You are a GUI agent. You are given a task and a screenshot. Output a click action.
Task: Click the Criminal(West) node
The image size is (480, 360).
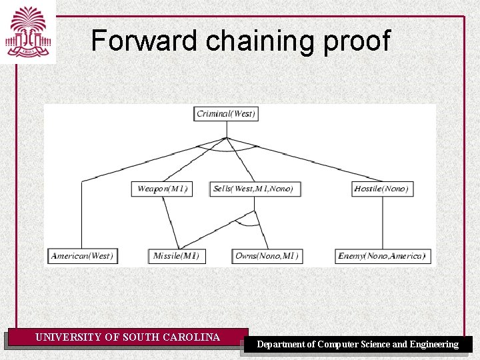click(226, 113)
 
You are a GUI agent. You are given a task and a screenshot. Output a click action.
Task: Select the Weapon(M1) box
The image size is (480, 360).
click(162, 189)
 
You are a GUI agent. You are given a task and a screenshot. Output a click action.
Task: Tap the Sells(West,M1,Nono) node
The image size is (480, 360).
click(253, 189)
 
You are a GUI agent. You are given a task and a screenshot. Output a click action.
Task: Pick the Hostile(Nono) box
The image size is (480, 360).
click(381, 189)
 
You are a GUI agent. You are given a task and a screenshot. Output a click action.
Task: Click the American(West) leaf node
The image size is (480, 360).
click(83, 255)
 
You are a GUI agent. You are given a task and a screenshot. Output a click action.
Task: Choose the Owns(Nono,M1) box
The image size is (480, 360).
click(267, 255)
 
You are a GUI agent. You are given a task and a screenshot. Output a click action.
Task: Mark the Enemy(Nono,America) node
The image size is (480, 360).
click(381, 255)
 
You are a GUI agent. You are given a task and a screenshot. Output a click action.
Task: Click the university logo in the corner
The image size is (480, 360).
click(28, 32)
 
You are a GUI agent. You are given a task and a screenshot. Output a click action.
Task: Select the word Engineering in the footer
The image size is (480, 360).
click(434, 345)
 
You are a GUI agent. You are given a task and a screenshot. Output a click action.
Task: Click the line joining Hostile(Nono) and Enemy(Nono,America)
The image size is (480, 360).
click(382, 222)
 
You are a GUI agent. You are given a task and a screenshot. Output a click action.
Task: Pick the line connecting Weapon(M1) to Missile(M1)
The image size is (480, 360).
click(171, 222)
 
